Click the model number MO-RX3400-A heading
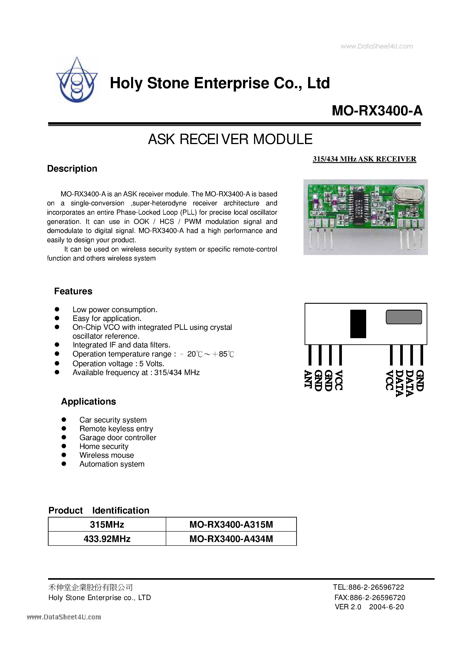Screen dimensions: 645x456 pyautogui.click(x=377, y=110)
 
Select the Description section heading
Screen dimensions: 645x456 pyautogui.click(x=72, y=169)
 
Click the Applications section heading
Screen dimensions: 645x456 pyautogui.click(x=88, y=401)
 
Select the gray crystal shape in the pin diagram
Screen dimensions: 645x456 pyautogui.click(x=404, y=317)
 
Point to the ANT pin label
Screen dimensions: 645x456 pyautogui.click(x=308, y=379)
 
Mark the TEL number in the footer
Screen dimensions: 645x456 pyautogui.click(x=368, y=587)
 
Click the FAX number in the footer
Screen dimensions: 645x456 pyautogui.click(x=369, y=597)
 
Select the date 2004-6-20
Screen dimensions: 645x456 pyautogui.click(x=386, y=607)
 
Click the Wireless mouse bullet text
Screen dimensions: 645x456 pyautogui.click(x=107, y=455)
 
